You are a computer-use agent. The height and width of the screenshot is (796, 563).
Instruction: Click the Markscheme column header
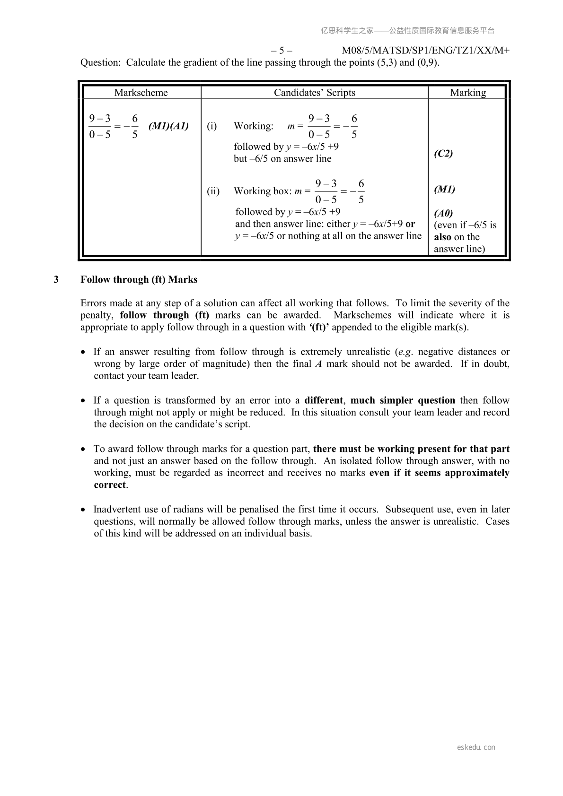point(141,93)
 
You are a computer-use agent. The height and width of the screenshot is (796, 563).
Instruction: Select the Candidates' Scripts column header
point(314,93)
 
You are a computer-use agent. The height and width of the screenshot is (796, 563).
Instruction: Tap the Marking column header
point(467,93)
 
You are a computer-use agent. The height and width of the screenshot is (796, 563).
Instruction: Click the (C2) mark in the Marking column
point(443,153)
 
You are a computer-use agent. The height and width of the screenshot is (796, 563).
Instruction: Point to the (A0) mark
point(443,213)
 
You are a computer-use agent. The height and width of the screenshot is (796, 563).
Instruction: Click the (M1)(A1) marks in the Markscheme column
point(168,126)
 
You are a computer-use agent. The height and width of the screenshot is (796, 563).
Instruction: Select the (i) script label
point(212,126)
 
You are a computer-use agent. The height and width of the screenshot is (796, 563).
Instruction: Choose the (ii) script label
point(213,191)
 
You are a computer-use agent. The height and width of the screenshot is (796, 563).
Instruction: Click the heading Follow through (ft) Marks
point(139,279)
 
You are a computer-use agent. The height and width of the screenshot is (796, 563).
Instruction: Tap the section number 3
point(56,279)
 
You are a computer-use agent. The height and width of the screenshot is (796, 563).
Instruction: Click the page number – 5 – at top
point(281,51)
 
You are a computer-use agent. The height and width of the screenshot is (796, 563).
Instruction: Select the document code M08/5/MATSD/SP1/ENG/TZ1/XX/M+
point(425,51)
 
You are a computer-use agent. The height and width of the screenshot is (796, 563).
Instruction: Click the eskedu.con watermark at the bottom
point(476,747)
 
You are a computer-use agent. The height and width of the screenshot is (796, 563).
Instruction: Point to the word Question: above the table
point(100,62)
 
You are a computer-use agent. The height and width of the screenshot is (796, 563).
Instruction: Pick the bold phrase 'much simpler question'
point(403,400)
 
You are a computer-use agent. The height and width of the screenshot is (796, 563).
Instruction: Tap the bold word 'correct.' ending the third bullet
point(111,485)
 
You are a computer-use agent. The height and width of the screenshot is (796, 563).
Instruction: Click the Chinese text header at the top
point(407,31)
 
